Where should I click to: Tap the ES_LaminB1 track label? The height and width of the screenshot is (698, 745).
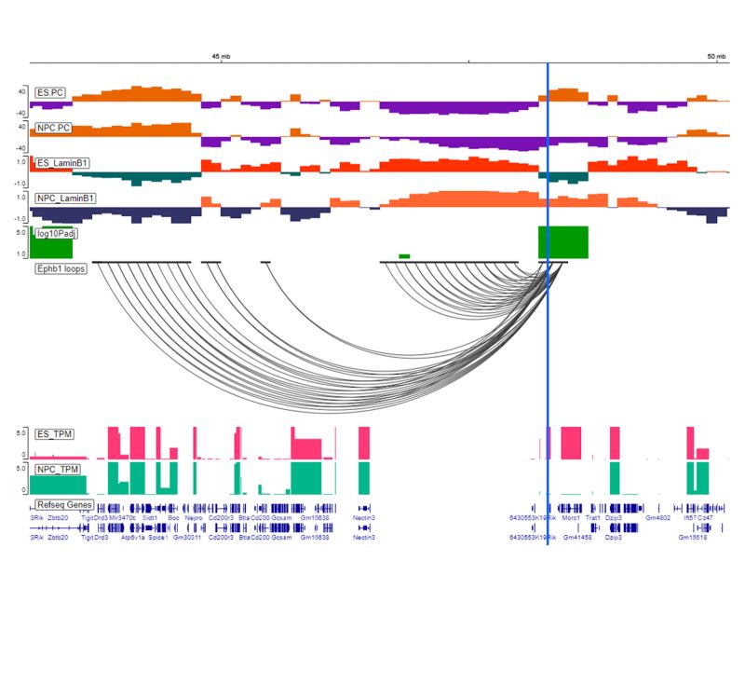62,163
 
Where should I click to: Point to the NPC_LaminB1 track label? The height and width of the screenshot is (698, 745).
65,198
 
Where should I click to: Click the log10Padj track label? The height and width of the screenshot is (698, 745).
57,233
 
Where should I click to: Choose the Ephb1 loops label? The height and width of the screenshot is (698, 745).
61,268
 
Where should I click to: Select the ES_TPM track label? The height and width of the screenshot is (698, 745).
55,433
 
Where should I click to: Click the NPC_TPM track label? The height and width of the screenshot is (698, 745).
57,470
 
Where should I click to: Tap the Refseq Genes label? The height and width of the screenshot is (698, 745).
63,504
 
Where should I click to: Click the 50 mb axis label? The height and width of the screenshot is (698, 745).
715,56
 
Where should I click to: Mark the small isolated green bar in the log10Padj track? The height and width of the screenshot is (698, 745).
404,255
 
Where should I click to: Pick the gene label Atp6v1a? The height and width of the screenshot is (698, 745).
124,538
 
